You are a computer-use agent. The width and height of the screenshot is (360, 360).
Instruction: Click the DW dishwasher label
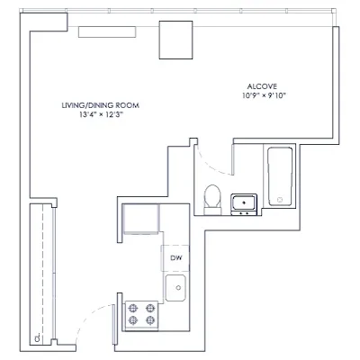[175, 259]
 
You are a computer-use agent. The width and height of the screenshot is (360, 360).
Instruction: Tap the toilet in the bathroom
[212, 198]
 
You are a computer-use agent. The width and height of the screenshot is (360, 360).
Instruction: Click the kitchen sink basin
[175, 289]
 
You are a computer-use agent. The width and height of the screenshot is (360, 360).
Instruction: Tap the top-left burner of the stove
[131, 308]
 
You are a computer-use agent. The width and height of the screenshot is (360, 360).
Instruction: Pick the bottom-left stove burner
[131, 320]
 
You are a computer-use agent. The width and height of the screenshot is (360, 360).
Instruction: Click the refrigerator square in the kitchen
[140, 219]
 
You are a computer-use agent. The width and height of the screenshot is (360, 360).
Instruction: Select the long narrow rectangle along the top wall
[106, 31]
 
